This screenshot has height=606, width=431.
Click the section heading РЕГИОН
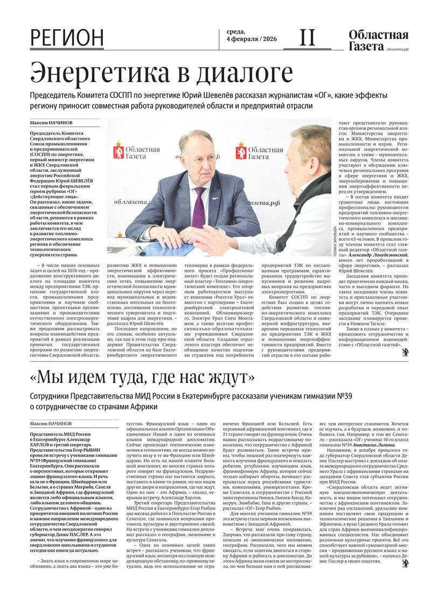pos(67,38)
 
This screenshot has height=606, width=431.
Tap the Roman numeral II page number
pos(307,38)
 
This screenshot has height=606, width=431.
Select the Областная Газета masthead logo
pos(378,40)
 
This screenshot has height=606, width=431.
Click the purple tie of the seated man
pos(198,207)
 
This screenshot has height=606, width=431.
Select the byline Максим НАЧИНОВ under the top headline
pos(52,123)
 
